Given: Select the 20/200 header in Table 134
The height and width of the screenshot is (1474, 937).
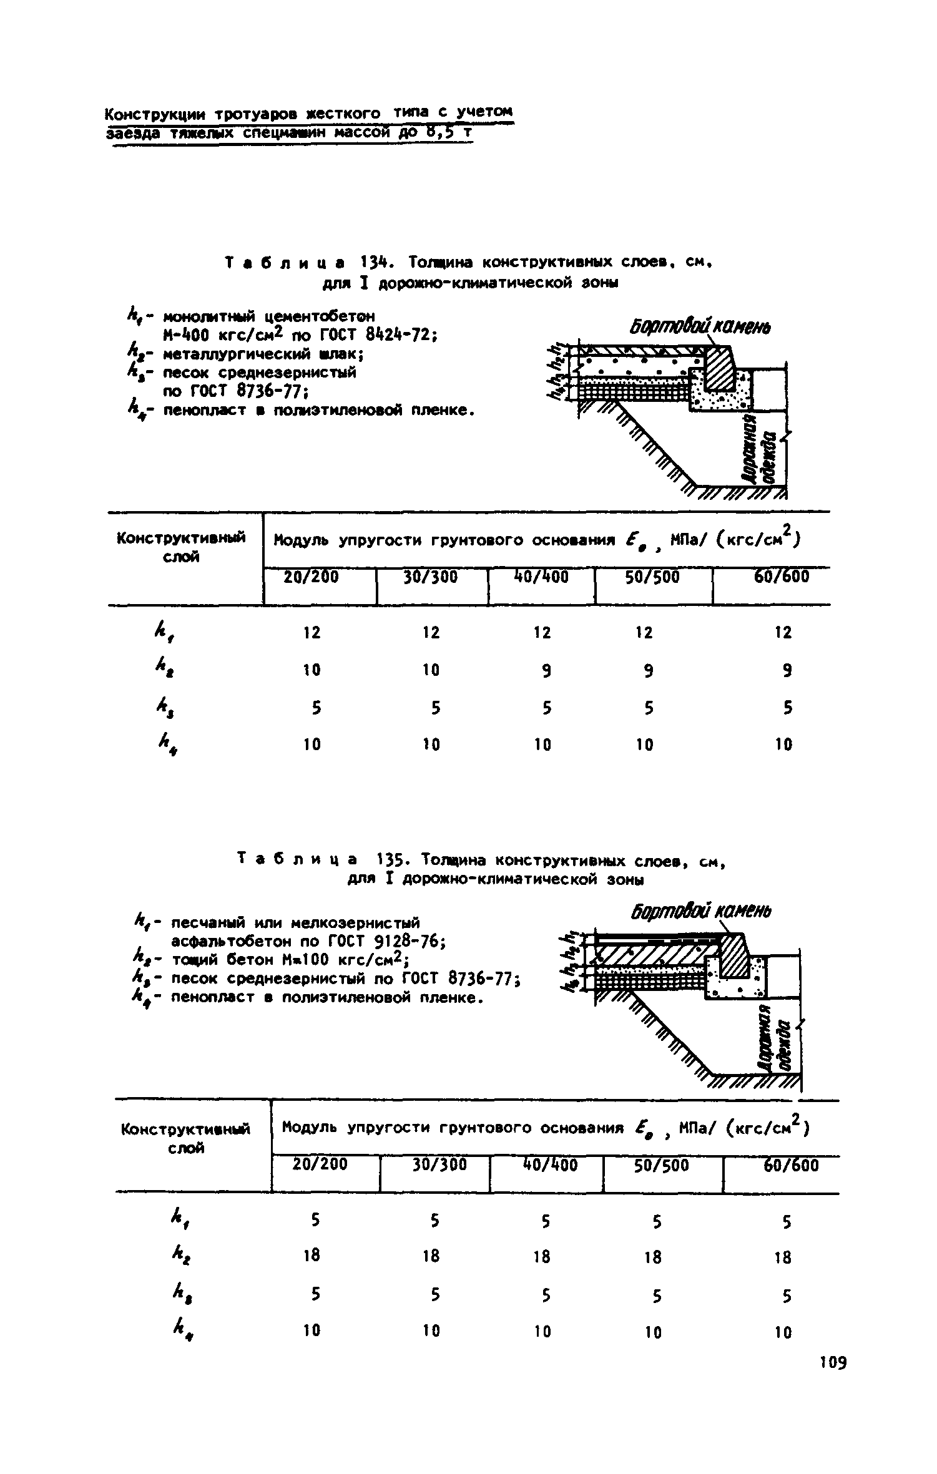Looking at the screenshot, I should pos(312,577).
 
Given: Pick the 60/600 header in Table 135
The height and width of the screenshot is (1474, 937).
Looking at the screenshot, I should pos(791,1165).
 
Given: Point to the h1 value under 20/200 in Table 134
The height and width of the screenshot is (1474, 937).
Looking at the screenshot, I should pos(312,632).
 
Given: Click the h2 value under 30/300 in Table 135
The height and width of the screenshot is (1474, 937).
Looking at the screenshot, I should pos(431,1255).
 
